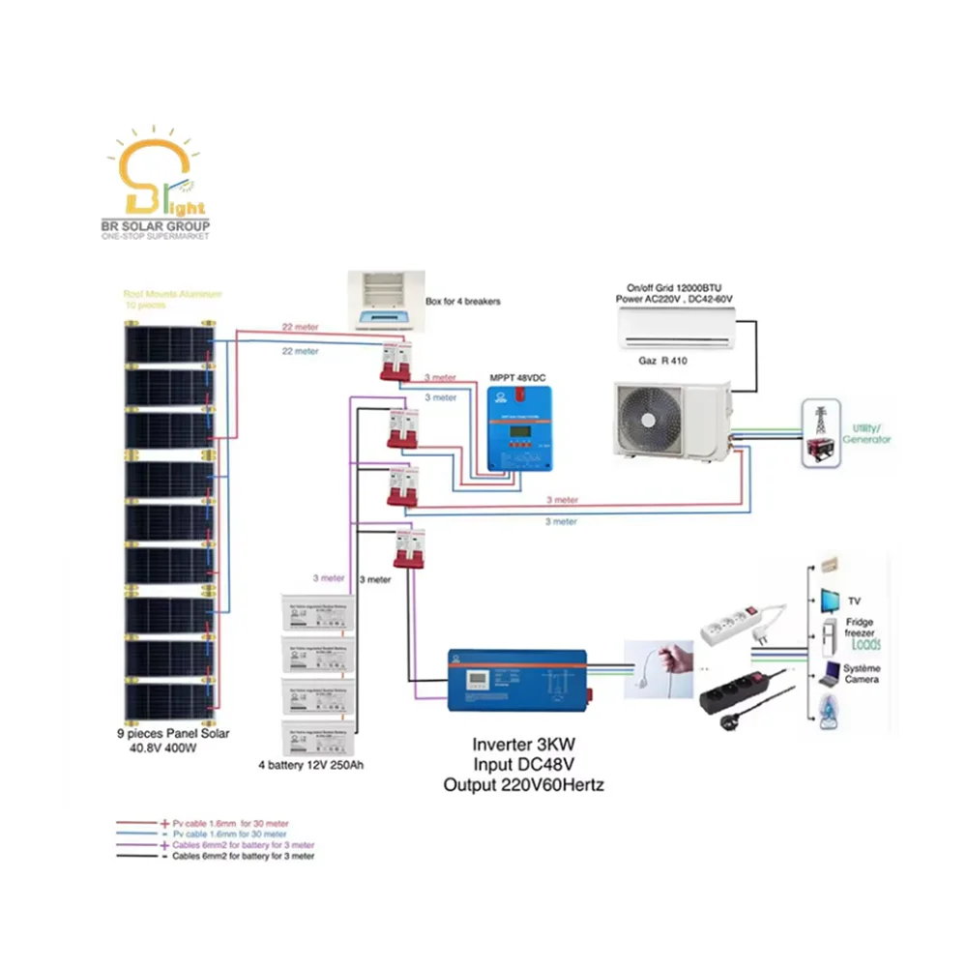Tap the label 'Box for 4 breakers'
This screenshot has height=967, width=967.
coord(462,302)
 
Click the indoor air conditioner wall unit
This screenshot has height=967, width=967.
coord(676,329)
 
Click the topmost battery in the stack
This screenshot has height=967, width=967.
coord(318,612)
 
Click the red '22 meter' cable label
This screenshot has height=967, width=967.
coord(300,328)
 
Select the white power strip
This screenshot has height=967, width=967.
coord(740,623)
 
